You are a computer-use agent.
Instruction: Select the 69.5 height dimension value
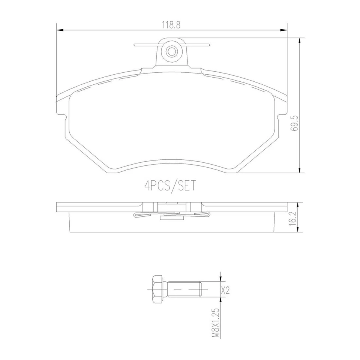[295, 123]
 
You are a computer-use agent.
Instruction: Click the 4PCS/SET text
[170, 186]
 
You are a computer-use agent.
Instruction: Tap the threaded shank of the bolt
[184, 289]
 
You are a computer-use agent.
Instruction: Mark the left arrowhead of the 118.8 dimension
[58, 30]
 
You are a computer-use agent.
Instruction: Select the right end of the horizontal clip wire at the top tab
[208, 45]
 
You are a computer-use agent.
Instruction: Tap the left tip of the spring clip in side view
[135, 215]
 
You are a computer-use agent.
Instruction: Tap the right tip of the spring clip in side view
[209, 215]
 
